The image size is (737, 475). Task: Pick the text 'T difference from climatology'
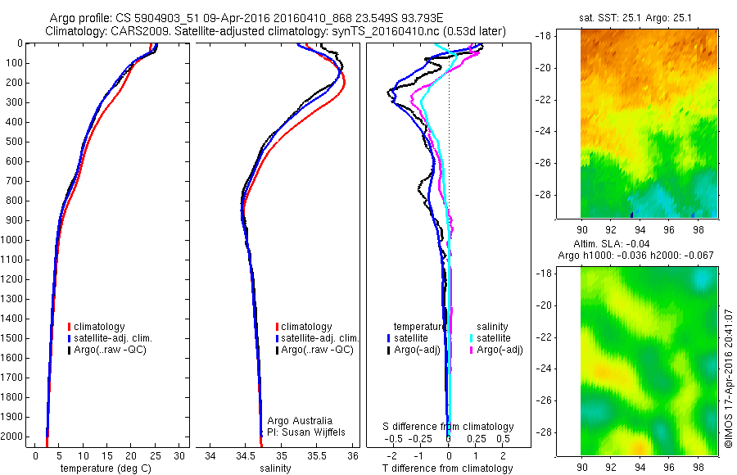[448, 468]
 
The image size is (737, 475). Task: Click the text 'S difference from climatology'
[448, 427]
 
